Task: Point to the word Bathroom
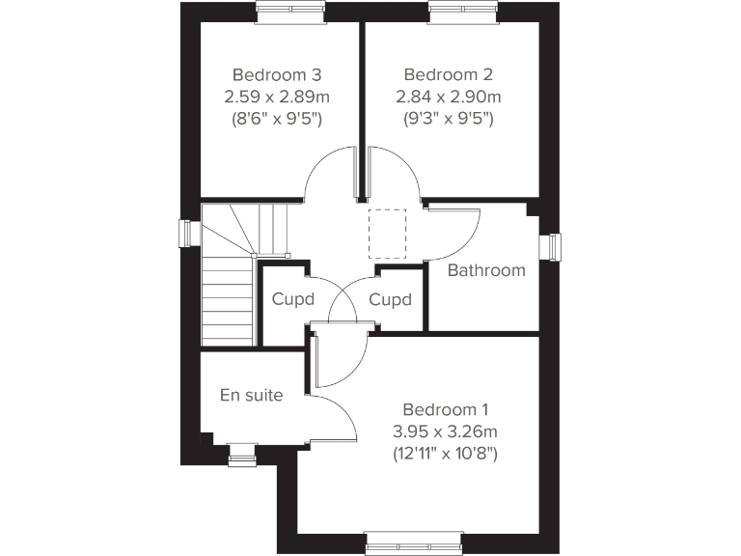click(x=487, y=270)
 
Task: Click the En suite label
click(x=252, y=394)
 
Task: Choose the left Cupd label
click(x=293, y=299)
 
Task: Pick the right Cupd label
click(x=391, y=299)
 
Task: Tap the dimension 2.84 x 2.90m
click(x=448, y=97)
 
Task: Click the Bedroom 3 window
click(x=290, y=11)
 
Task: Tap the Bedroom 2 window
click(x=462, y=11)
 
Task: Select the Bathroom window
click(x=554, y=246)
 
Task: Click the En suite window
click(x=241, y=455)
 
